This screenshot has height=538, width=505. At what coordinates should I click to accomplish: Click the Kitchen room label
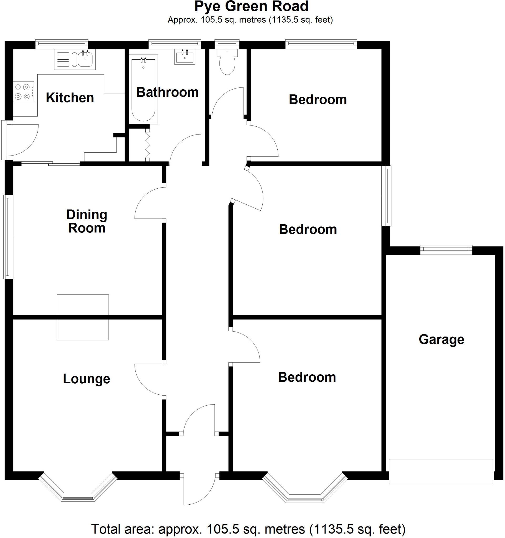[70, 98]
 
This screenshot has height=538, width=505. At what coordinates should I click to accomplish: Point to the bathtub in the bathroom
[143, 89]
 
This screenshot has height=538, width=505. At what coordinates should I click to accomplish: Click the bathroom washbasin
[185, 57]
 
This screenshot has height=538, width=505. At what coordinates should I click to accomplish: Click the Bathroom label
[167, 92]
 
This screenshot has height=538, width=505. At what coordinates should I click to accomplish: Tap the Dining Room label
[87, 221]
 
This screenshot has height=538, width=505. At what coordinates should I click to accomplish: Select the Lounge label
[86, 379]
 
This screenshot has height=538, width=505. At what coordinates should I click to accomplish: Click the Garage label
[441, 339]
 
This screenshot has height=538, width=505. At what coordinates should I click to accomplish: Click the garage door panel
[441, 472]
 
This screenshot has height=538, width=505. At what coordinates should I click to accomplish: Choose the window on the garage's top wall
[446, 249]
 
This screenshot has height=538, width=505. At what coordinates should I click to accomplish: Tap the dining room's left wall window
[8, 237]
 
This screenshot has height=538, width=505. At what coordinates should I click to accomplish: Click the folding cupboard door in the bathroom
[147, 145]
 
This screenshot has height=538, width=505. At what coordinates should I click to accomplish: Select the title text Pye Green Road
[251, 7]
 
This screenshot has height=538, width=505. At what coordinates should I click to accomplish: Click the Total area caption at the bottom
[248, 529]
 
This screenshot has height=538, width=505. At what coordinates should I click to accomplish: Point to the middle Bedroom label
[308, 230]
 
